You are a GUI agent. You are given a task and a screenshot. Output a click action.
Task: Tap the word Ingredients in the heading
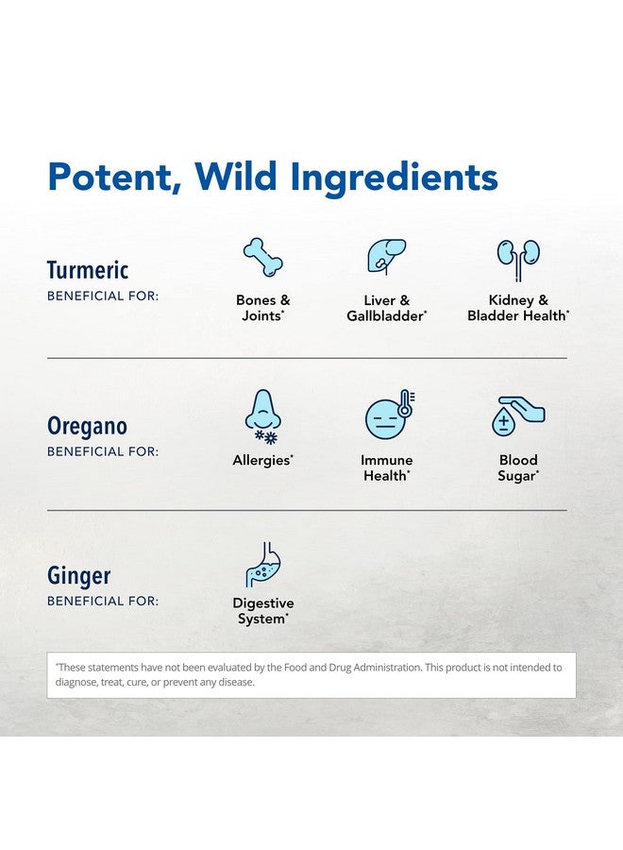click(x=394, y=178)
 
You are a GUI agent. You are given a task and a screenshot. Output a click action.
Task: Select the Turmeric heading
click(x=88, y=270)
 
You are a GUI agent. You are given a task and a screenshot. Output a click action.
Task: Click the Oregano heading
click(x=87, y=427)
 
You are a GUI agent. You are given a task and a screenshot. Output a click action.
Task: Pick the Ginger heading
click(x=79, y=576)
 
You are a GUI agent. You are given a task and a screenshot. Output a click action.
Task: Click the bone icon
click(x=262, y=258)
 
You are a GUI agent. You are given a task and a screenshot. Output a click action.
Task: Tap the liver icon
click(x=386, y=256)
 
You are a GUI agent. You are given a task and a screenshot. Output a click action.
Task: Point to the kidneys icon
click(x=518, y=259)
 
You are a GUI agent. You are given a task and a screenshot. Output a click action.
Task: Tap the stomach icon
click(x=263, y=565)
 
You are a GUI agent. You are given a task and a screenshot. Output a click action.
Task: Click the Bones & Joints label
click(x=262, y=308)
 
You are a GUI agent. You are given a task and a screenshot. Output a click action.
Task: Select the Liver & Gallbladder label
click(x=387, y=308)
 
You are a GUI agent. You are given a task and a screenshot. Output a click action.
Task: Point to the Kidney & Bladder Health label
click(x=518, y=308)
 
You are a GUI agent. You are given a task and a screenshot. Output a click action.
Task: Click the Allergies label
click(x=262, y=460)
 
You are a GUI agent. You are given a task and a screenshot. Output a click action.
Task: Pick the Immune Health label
click(x=387, y=467)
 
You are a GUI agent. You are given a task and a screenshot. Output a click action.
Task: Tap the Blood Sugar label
click(x=518, y=467)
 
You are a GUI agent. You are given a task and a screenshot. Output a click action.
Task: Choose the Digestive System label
click(x=263, y=611)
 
